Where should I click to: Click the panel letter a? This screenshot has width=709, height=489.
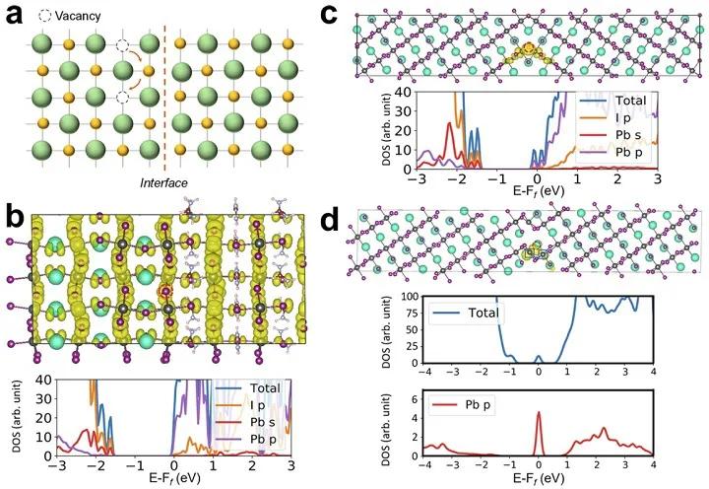click(15, 16)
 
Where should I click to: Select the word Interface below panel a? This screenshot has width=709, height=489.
click(163, 183)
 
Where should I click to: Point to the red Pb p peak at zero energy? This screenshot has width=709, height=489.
click(539, 416)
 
